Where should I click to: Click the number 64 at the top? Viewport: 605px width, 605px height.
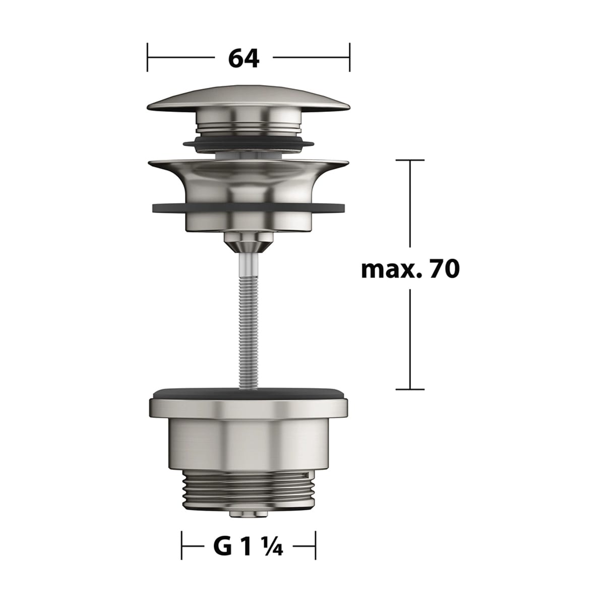(x=244, y=58)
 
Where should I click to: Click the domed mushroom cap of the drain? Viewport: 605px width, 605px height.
(x=249, y=99)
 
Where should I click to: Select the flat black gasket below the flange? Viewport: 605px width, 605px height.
(x=249, y=208)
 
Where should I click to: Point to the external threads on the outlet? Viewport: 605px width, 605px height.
(x=248, y=490)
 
